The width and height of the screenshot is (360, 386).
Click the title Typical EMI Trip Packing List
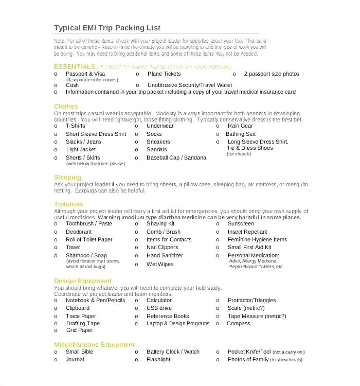pyautogui.click(x=107, y=27)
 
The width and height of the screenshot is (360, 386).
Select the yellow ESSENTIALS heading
pyautogui.click(x=75, y=67)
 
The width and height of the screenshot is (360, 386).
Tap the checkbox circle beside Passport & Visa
pyautogui.click(x=56, y=74)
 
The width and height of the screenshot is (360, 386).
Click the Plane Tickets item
pyautogui.click(x=164, y=74)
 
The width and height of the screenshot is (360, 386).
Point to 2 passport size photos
pyautogui.click(x=271, y=74)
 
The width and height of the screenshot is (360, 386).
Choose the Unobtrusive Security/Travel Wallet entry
pyautogui.click(x=190, y=85)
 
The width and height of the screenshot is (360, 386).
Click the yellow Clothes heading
pyautogui.click(x=66, y=106)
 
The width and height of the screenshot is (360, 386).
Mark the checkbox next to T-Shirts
pyautogui.click(x=56, y=126)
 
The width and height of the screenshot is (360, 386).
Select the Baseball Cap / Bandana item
pyautogui.click(x=176, y=157)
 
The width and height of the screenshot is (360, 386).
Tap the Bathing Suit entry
pyautogui.click(x=240, y=134)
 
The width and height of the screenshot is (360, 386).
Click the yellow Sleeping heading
pyautogui.click(x=68, y=177)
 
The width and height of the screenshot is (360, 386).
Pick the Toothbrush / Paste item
pyautogui.click(x=88, y=224)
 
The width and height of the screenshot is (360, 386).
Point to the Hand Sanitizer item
pyautogui.click(x=164, y=255)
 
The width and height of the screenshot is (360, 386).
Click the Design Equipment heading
pyautogui.click(x=82, y=280)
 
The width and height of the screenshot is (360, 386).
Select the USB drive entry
pyautogui.click(x=159, y=308)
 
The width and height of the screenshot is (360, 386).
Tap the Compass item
pyautogui.click(x=238, y=324)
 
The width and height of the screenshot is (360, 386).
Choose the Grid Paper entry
pyautogui.click(x=79, y=330)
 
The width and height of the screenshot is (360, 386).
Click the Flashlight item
pyautogui.click(x=158, y=359)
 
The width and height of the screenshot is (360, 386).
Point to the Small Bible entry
pyautogui.click(x=79, y=352)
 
